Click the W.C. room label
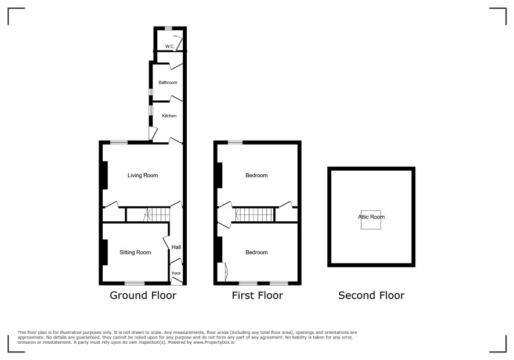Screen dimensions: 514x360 [170, 46]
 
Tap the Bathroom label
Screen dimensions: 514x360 [168, 82]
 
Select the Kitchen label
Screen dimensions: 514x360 [169, 116]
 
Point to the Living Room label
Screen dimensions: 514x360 [143, 175]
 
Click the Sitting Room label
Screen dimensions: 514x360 [135, 253]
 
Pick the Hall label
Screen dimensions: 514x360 [176, 247]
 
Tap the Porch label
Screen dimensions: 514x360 [176, 273]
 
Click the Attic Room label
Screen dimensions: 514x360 [371, 217]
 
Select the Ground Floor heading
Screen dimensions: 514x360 [143, 296]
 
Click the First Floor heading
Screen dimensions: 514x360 [258, 296]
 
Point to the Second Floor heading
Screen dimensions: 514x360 [371, 296]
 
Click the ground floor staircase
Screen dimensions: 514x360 [157, 215]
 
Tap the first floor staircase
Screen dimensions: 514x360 [255, 215]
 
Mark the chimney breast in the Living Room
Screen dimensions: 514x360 [105, 175]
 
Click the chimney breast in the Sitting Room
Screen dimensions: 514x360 [105, 253]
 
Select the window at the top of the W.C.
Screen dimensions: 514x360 [168, 28]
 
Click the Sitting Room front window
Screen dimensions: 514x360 [135, 283]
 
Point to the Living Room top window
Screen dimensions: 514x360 [119, 142]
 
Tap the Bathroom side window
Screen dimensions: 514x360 [151, 92]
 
